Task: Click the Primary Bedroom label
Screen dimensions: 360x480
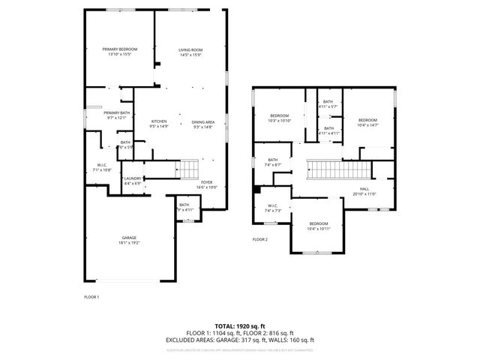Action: pos(120,49)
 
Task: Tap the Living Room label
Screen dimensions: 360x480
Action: pos(190,49)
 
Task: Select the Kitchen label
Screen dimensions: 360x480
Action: pos(159,121)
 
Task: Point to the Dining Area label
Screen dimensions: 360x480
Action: pos(202,121)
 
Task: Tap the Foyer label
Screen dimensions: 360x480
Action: pos(205,181)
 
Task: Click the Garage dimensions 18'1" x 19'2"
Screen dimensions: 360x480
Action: pos(130,243)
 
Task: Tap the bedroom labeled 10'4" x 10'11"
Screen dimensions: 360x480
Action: pos(319,223)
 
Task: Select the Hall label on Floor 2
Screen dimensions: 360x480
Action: pos(364,189)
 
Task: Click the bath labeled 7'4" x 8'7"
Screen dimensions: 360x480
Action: pos(273,159)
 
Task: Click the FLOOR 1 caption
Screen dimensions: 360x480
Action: pos(91,296)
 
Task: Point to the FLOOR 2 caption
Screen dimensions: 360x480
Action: pos(259,239)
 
